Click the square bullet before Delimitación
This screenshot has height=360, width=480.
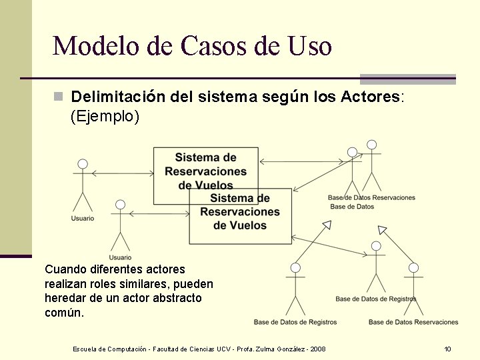58,97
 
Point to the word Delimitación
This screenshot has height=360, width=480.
117,97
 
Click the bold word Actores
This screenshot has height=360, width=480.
370,97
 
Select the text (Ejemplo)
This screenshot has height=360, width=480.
105,117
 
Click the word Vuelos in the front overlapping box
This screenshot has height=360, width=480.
240,225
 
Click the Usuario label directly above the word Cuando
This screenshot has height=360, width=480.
120,257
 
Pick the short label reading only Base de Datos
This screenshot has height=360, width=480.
352,207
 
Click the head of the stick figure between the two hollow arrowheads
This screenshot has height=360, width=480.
376,246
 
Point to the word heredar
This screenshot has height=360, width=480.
65,298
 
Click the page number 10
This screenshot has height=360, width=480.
448,349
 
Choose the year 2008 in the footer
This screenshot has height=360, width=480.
317,349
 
